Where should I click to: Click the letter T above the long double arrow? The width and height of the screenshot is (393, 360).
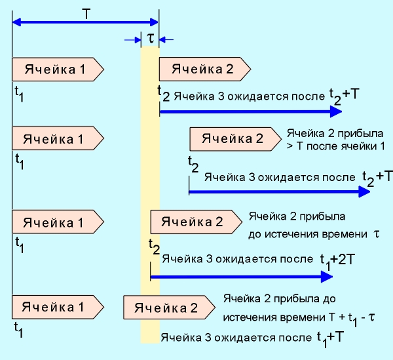click(x=86, y=13)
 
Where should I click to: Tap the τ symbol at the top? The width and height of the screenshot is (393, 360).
click(x=151, y=38)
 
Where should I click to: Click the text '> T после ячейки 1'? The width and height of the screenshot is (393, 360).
click(x=331, y=144)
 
